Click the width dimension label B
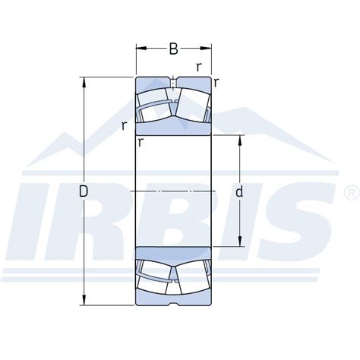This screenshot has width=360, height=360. tap(173, 50)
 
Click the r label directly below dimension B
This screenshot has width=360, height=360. tap(198, 66)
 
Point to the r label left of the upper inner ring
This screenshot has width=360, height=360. tap(123, 125)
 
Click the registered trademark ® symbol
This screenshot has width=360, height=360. tap(348, 189)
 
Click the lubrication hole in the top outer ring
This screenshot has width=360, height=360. tap(174, 81)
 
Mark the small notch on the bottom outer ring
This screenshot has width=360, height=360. tap(174, 305)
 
